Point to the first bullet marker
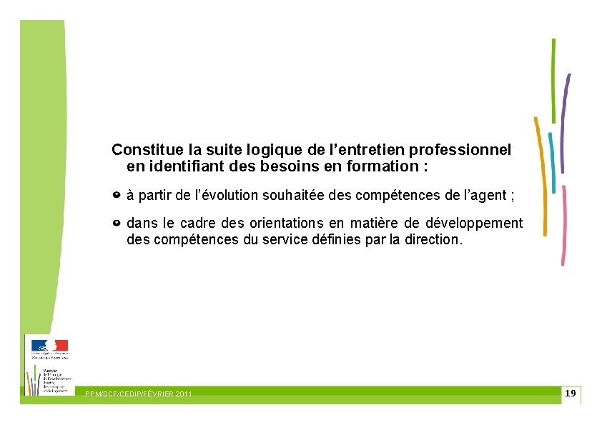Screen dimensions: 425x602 coord(117,194)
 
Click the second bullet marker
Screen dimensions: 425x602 coord(117,224)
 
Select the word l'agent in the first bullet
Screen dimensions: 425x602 coord(485,194)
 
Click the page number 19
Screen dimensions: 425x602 coord(570,394)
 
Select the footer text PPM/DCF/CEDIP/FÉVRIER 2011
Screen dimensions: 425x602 coord(138,394)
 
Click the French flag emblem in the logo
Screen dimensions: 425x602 coord(49,345)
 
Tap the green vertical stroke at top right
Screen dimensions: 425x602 coord(553,80)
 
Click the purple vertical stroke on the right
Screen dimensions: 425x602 coord(566,123)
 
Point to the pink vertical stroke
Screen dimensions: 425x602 coord(564,225)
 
